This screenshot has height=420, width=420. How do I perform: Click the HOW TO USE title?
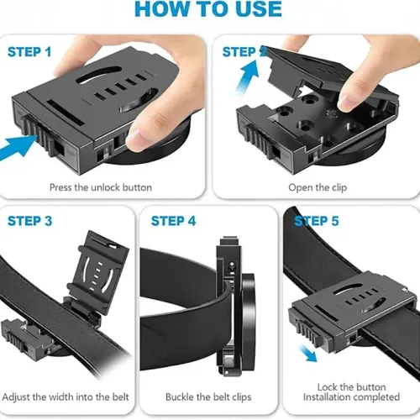click(x=209, y=9)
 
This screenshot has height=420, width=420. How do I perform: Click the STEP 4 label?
click(x=173, y=221)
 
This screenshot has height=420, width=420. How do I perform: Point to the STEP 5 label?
click(x=317, y=221)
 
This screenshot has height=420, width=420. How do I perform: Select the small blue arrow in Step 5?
click(x=312, y=354)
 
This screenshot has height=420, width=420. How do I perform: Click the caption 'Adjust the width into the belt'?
click(x=67, y=395)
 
